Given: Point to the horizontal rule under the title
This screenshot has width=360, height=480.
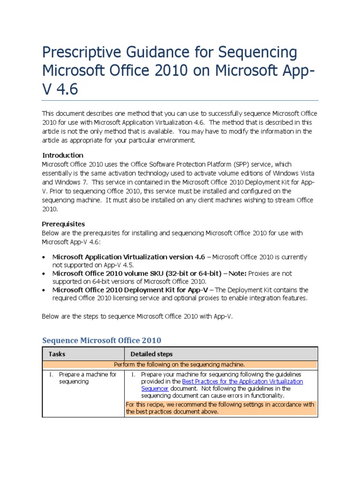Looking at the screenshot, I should (x=180, y=100).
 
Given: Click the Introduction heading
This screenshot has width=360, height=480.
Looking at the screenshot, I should (x=63, y=155).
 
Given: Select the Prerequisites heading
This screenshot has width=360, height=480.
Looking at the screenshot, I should (x=64, y=224).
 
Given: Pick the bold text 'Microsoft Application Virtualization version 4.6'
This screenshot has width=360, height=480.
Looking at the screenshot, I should (x=129, y=257).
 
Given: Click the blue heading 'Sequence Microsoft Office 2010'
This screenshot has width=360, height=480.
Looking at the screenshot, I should (x=102, y=340).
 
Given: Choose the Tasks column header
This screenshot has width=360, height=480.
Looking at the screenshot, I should (x=57, y=354).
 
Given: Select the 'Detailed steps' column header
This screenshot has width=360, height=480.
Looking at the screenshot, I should (x=151, y=354).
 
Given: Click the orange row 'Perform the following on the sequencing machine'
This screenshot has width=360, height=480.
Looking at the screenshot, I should (x=180, y=364).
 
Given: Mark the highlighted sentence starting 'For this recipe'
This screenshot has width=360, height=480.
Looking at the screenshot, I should (x=220, y=408).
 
